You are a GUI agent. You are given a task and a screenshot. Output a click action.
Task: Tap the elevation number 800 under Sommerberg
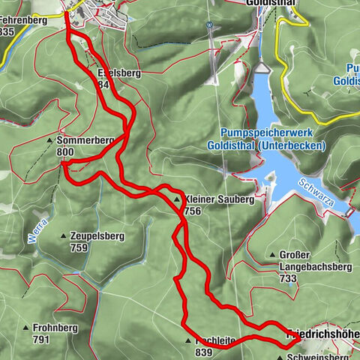click(x=66, y=151)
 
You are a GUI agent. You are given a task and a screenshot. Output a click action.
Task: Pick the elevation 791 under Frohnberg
click(x=41, y=340)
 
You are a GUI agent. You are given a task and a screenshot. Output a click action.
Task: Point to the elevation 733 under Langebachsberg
click(x=288, y=277)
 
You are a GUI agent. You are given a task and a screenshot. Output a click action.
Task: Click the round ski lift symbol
click(x=211, y=24)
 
